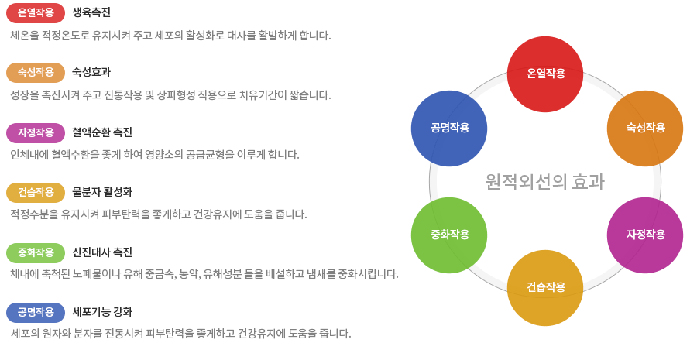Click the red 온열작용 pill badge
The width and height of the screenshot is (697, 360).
click(x=36, y=13)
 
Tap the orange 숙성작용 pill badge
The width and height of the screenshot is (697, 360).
click(x=36, y=73)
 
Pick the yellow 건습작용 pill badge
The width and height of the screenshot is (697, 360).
click(x=36, y=193)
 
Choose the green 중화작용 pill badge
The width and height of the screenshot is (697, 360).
click(x=36, y=253)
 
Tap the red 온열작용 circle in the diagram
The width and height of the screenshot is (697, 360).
click(x=545, y=74)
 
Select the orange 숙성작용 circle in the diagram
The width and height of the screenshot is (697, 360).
click(x=645, y=129)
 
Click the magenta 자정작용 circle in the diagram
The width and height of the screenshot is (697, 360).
click(x=645, y=235)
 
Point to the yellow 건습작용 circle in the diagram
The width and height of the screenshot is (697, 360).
click(x=545, y=288)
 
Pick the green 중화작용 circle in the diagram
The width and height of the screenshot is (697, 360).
click(x=449, y=235)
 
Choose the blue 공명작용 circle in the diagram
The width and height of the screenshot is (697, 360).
click(x=449, y=129)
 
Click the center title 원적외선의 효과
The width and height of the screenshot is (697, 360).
click(x=545, y=182)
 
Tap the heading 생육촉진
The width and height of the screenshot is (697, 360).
click(x=91, y=12)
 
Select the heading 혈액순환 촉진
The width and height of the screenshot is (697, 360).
click(x=102, y=132)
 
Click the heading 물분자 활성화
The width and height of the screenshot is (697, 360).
click(x=102, y=192)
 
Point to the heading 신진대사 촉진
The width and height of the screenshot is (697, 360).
click(x=102, y=252)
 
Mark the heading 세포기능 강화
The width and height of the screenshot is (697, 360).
click(x=102, y=312)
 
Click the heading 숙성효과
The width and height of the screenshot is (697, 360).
click(x=91, y=72)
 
